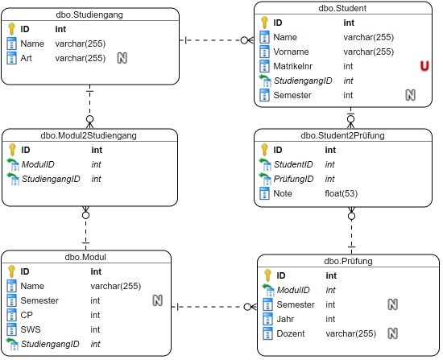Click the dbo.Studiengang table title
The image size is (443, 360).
89,14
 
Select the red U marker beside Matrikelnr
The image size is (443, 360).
424,66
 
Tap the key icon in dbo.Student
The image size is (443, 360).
264,23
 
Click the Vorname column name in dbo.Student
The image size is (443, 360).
291,52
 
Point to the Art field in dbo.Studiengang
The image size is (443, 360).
26,58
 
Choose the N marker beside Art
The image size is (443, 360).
122,58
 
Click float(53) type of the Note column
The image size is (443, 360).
342,193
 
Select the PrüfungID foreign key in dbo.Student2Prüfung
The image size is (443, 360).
293,179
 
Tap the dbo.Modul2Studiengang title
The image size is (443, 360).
89,135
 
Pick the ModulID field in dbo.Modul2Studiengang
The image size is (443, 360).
38,164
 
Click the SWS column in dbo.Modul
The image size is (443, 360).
31,329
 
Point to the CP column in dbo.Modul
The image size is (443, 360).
27,315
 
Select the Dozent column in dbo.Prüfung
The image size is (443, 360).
291,333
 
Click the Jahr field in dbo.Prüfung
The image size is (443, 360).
285,319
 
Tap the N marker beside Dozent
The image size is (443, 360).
393,333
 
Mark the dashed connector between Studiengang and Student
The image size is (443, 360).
217,40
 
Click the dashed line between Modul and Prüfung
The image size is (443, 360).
214,307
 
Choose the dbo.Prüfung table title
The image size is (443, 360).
348,261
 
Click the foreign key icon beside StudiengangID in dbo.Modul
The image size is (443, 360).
12,344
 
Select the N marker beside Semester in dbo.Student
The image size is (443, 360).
411,95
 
